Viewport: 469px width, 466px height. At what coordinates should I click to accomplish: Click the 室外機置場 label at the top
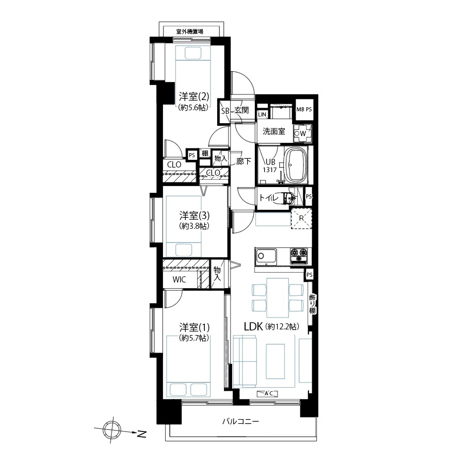[x=190, y=31]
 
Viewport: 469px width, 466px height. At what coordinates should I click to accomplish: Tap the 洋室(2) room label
[x=194, y=96]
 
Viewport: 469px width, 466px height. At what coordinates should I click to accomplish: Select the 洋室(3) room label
[x=194, y=215]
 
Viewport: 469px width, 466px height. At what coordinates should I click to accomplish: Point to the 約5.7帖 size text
[x=194, y=338]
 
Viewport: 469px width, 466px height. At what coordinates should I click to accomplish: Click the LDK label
[x=253, y=327]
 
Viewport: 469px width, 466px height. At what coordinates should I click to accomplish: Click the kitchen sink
[x=266, y=256]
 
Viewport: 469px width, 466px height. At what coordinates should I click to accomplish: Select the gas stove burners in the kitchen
[x=298, y=256]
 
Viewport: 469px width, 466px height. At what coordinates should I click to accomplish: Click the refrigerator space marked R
[x=301, y=219]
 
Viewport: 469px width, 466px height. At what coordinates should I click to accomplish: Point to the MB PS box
[x=304, y=109]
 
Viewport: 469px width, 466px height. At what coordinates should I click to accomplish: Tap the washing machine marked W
[x=302, y=134]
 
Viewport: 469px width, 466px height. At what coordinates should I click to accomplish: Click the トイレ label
[x=269, y=197]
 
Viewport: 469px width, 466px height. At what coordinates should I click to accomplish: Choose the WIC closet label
[x=179, y=279]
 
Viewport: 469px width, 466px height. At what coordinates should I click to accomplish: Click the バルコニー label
[x=241, y=422]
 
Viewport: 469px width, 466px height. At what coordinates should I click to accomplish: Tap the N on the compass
[x=142, y=434]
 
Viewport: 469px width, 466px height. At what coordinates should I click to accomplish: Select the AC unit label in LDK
[x=269, y=393]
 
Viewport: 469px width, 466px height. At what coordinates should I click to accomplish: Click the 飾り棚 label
[x=312, y=304]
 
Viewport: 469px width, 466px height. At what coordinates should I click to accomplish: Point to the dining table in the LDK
[x=278, y=298]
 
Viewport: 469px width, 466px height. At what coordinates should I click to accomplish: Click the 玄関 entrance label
[x=241, y=110]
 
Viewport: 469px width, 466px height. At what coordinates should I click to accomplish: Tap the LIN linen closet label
[x=262, y=114]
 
